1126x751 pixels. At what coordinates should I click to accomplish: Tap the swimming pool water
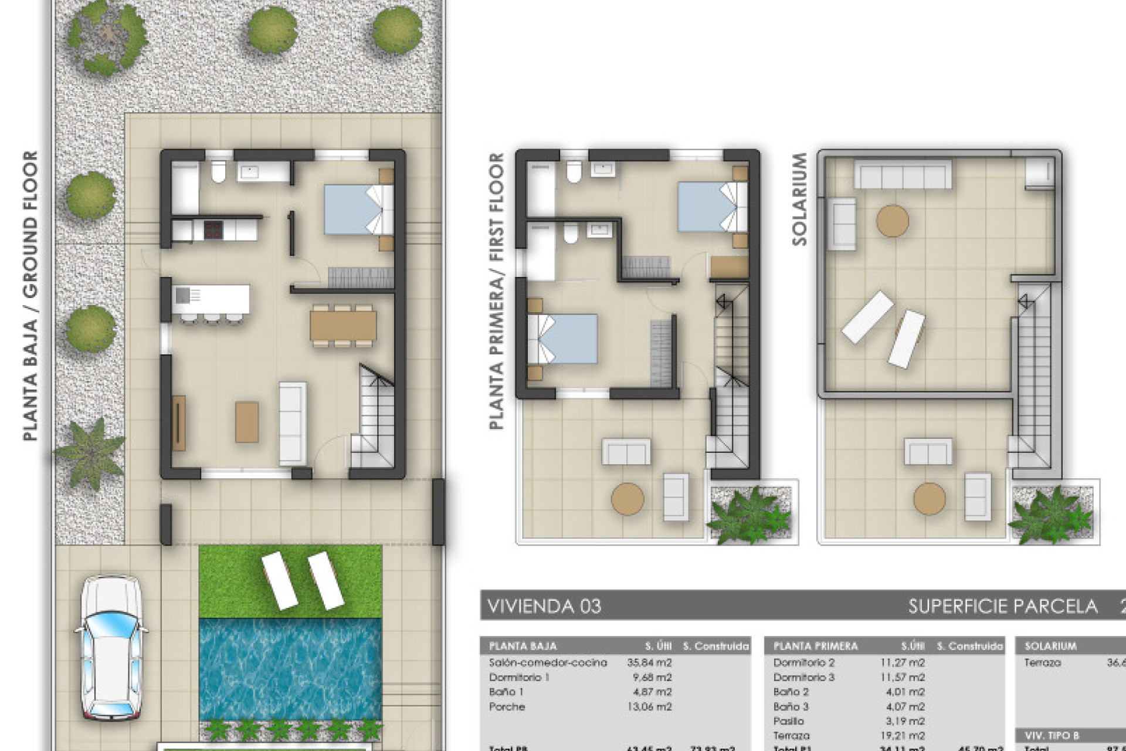(x=290, y=669)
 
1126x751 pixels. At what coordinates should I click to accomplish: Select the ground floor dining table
(x=343, y=326)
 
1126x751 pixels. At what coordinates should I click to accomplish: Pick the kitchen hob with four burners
(x=213, y=229)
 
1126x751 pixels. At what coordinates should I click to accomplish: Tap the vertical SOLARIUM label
(x=799, y=199)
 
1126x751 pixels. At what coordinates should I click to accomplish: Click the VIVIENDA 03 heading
(x=544, y=606)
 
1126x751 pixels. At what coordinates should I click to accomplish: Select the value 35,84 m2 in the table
(x=649, y=662)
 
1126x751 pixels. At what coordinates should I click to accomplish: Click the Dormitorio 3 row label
(x=803, y=677)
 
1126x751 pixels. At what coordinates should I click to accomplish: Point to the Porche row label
(x=507, y=706)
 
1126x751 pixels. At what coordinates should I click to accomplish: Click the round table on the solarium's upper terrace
(x=893, y=221)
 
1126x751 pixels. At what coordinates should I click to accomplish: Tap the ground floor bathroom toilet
(x=219, y=171)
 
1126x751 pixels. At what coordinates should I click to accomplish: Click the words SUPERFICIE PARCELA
(x=1003, y=606)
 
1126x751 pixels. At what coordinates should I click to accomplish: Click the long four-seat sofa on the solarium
(x=902, y=174)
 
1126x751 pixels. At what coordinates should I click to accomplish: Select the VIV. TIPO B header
(x=1052, y=735)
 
